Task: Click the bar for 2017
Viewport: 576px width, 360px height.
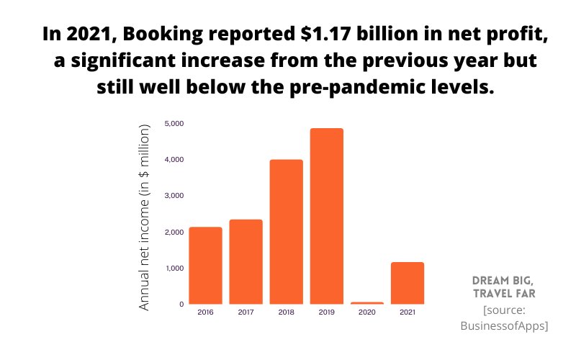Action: (x=246, y=261)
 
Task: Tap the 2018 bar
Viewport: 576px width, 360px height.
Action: (x=286, y=231)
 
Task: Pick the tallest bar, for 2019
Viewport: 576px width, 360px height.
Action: (x=326, y=216)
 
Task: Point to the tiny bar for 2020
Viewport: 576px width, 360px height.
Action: (x=366, y=303)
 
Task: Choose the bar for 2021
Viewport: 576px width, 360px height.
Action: (x=407, y=283)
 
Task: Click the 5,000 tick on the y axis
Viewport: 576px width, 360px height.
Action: (x=174, y=123)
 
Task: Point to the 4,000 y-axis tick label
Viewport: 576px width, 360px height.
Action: (x=174, y=159)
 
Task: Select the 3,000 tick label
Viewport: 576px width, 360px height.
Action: (x=174, y=195)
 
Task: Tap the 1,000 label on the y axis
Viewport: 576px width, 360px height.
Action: (x=174, y=268)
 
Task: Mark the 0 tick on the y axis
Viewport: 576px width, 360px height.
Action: (x=181, y=304)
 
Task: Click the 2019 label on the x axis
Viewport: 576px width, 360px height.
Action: (x=326, y=312)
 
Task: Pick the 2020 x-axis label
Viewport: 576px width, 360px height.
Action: (x=366, y=312)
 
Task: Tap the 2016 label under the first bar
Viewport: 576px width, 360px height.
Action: (x=205, y=312)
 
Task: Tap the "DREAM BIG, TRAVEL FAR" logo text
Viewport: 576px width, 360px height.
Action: (x=504, y=287)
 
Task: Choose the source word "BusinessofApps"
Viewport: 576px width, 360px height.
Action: (x=504, y=325)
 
